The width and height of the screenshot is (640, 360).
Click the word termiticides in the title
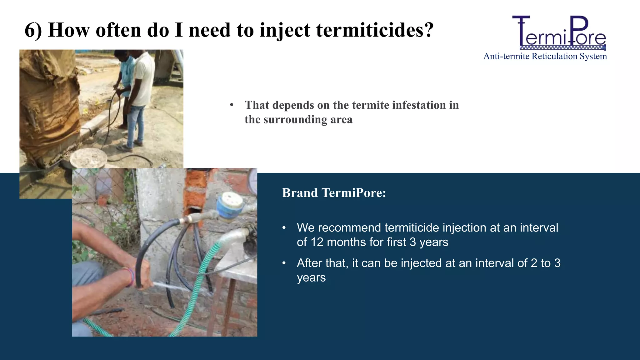374,30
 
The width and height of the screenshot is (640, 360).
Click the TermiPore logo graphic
559,33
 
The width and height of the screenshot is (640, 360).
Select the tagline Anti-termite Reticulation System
545,56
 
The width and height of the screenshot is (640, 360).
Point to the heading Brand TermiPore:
334,193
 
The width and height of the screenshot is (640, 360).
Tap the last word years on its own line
311,277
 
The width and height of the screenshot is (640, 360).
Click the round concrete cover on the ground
88,157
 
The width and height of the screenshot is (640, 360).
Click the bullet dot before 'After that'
284,263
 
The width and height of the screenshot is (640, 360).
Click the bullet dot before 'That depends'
232,105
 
